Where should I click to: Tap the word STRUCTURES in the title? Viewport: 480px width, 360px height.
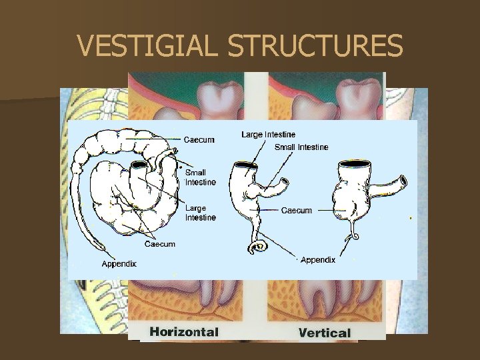point(315,46)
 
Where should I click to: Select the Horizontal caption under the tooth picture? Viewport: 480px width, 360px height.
point(183,331)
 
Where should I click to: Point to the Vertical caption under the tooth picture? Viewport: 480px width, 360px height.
point(325,332)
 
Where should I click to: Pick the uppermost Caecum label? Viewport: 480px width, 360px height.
point(199,139)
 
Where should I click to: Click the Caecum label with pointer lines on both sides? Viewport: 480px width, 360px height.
point(297,211)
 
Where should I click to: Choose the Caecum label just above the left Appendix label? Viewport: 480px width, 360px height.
point(160,244)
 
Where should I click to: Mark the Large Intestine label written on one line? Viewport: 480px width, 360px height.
point(269,135)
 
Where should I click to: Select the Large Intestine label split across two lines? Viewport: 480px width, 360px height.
point(201,213)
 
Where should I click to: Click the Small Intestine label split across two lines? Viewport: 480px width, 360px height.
point(200,177)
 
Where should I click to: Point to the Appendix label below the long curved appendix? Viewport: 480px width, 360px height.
point(119,263)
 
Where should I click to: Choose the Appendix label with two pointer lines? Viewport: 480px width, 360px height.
point(318,260)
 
